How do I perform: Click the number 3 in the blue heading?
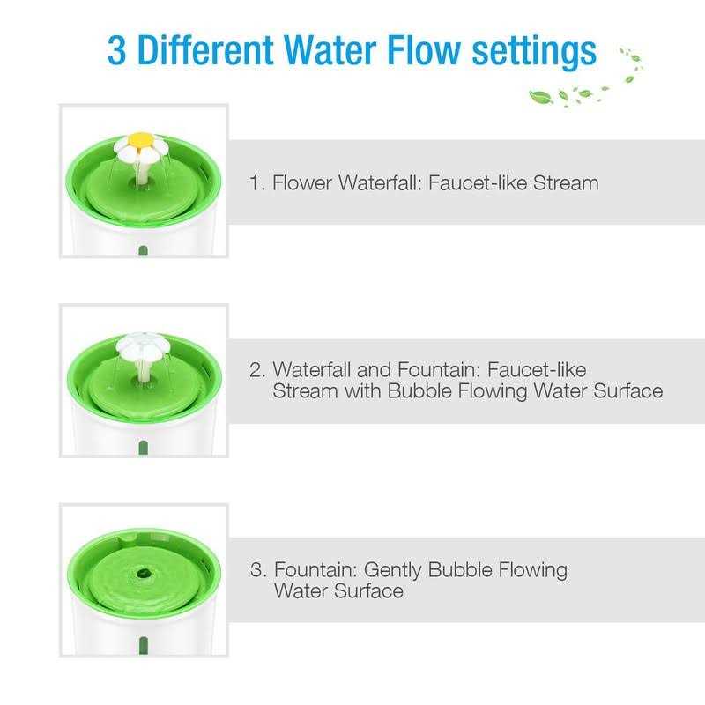[116, 50]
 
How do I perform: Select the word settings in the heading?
[534, 53]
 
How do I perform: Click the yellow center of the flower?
[140, 139]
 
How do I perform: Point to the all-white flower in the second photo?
[144, 345]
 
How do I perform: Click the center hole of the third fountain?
[144, 574]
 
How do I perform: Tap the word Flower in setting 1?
[302, 183]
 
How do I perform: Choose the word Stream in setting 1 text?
[566, 183]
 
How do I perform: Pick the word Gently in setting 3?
[393, 570]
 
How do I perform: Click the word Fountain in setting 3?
[315, 569]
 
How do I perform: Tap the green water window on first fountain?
[143, 250]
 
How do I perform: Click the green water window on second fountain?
[144, 448]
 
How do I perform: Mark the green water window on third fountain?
[144, 646]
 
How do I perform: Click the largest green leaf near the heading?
[540, 97]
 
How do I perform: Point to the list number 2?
[257, 370]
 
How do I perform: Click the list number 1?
[256, 183]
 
